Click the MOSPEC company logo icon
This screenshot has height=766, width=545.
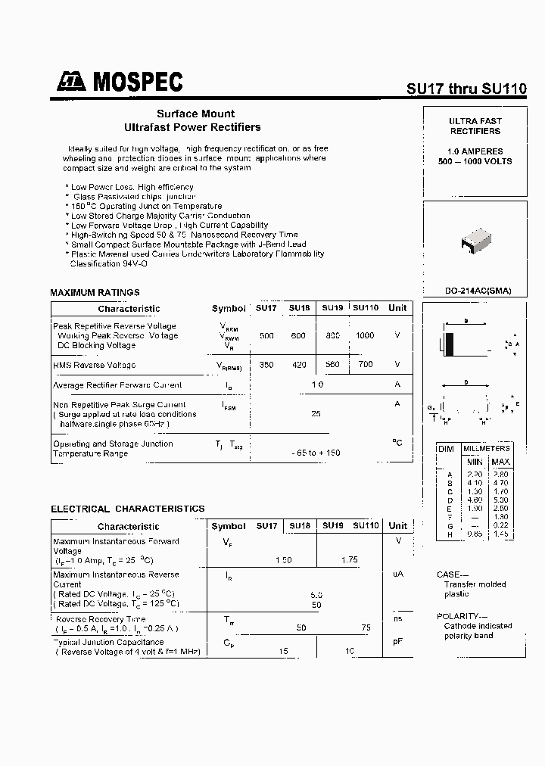[x=72, y=82]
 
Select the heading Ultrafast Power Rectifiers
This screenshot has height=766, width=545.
[x=192, y=127]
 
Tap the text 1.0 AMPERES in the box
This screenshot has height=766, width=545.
[x=475, y=151]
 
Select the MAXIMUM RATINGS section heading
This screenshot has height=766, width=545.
[x=95, y=292]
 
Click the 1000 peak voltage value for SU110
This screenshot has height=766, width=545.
[x=365, y=335]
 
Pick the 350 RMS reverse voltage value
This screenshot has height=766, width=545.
[x=266, y=365]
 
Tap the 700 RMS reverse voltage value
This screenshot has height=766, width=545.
[x=365, y=365]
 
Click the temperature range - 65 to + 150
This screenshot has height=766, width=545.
[x=316, y=453]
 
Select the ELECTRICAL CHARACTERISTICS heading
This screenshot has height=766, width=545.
[x=127, y=509]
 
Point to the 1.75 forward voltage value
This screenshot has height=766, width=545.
[x=349, y=560]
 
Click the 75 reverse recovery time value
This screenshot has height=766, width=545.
[x=366, y=628]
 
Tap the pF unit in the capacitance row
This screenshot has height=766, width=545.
[x=397, y=642]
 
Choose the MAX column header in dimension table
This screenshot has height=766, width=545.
[x=500, y=462]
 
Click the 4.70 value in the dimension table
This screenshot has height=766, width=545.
[x=500, y=482]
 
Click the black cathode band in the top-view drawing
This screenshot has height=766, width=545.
[x=450, y=344]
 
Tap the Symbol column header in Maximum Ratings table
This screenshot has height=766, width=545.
[x=228, y=308]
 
